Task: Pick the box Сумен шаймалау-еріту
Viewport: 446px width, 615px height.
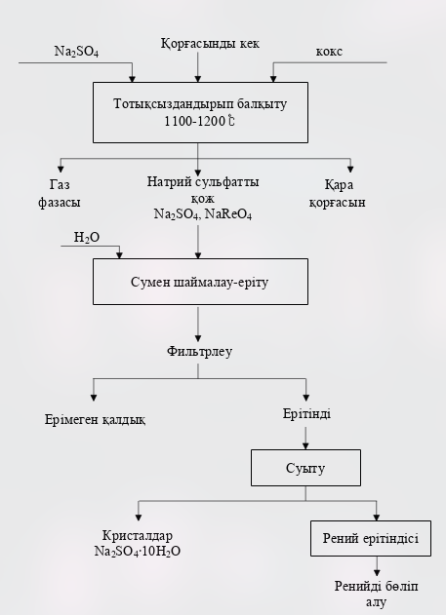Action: tap(199, 282)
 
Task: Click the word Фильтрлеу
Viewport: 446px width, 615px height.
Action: tap(199, 349)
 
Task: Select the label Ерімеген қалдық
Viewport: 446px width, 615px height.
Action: tap(95, 419)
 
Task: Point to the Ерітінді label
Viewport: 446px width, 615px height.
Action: tap(306, 414)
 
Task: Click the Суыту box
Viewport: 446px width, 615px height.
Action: tap(306, 468)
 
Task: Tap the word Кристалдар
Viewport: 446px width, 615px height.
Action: tap(142, 536)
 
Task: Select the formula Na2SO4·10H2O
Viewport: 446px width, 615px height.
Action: tap(142, 552)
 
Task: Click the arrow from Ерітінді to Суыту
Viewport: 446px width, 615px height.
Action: tap(306, 437)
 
